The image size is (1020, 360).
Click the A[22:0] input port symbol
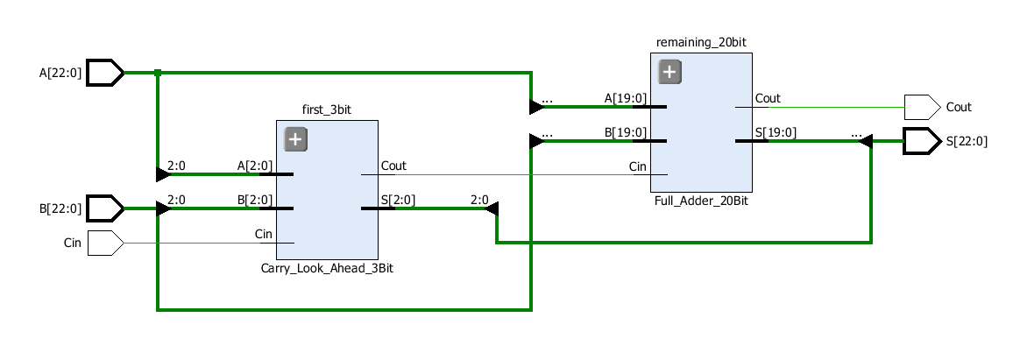coord(104,73)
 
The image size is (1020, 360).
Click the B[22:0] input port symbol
coord(104,208)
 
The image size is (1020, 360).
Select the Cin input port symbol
coord(104,243)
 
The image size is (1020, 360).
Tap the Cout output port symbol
coord(920,107)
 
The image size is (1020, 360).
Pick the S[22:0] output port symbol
coord(920,140)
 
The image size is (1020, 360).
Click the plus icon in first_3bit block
coord(295,139)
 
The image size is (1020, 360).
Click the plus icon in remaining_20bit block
coord(669,72)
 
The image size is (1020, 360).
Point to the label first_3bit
coord(327,110)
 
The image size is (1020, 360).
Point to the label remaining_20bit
coord(701,42)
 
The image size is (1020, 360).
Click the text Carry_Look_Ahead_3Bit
coord(327,268)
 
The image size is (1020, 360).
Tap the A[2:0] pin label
coord(255,165)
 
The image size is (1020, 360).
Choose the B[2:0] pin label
coord(255,199)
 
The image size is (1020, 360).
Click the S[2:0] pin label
coord(398,199)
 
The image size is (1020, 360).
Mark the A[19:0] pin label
coord(626,98)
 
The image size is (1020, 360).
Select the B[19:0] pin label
coord(626,132)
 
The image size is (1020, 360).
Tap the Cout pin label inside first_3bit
coord(393,166)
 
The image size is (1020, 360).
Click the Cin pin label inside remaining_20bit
coord(638,166)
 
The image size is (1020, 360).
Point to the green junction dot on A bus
coord(158,73)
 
